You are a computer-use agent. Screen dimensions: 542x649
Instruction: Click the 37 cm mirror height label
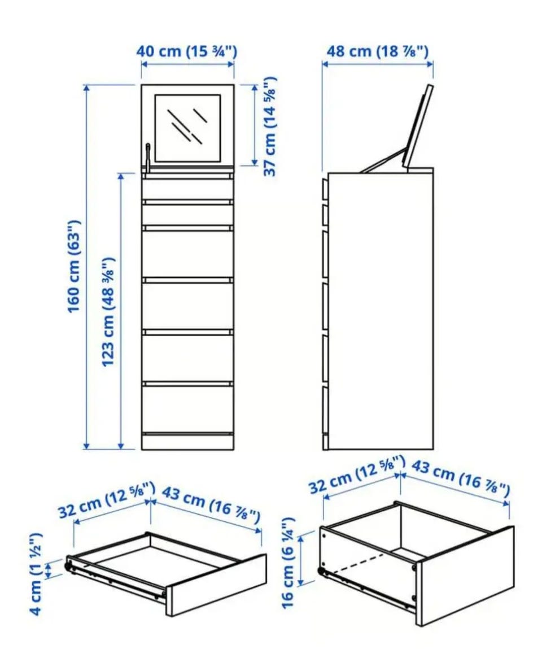pos(270,126)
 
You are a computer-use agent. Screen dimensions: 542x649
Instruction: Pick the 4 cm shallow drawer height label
pos(36,574)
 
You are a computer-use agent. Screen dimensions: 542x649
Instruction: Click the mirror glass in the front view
pos(188,128)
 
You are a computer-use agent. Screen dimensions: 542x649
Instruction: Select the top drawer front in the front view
pos(188,188)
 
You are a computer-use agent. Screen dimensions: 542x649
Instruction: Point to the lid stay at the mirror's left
pos(148,156)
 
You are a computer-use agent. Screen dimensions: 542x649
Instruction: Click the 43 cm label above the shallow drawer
pos(211,503)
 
